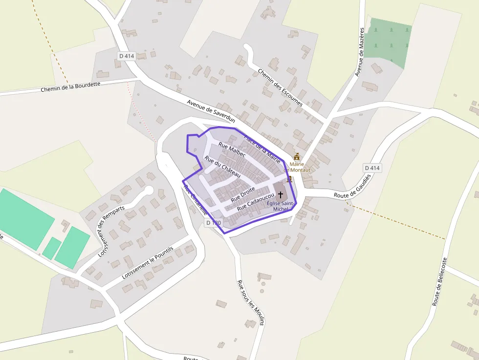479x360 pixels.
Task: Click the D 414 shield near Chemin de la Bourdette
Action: (x=126, y=56)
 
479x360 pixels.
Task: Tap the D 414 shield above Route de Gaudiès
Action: (x=372, y=168)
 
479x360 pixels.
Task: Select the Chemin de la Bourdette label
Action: (x=70, y=86)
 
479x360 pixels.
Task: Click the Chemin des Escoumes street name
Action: (x=280, y=87)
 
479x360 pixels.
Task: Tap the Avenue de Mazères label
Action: (x=360, y=52)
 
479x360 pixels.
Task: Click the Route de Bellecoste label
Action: (x=439, y=282)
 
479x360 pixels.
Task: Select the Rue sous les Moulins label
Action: (x=250, y=302)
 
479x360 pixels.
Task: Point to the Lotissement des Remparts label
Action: (x=111, y=231)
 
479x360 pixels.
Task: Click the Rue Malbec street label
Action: (x=232, y=150)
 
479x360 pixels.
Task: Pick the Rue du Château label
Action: (x=222, y=167)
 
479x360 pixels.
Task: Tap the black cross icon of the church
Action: (x=280, y=195)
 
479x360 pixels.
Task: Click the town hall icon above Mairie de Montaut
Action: (x=297, y=157)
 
